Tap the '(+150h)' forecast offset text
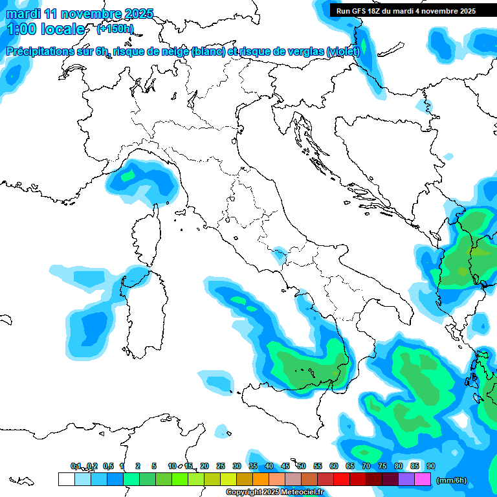115,28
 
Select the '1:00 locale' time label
45,30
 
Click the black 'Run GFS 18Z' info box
406,11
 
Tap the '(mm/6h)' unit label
451,480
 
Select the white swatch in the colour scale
66,479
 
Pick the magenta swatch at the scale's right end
423,479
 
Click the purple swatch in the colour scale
406,479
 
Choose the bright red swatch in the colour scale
342,479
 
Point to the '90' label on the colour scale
431,466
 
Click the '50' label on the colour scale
302,466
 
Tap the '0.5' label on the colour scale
108,466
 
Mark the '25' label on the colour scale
221,466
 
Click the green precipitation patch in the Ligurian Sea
128,175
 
